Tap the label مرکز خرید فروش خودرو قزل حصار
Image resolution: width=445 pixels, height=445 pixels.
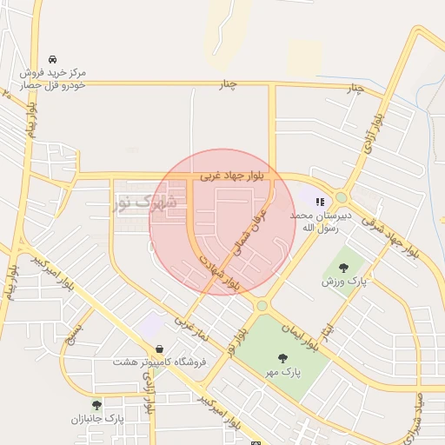click(x=54, y=79)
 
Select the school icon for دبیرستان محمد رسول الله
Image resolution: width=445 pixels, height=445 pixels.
click(x=320, y=202)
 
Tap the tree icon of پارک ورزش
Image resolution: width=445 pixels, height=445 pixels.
click(x=343, y=268)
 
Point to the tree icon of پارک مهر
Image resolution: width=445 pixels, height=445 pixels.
click(x=282, y=357)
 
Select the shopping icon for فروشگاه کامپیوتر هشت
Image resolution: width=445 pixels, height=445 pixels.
click(x=159, y=349)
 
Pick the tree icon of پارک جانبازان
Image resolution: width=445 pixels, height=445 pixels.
click(x=96, y=405)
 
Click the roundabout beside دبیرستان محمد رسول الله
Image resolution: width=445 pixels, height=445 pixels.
click(x=342, y=198)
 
